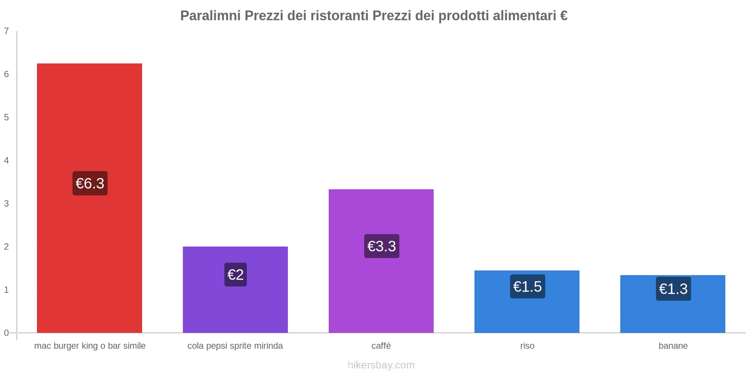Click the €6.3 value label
click(x=90, y=183)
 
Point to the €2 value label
click(x=236, y=274)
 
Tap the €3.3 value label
click(x=381, y=246)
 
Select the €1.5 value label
click(x=527, y=286)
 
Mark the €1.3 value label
click(x=673, y=288)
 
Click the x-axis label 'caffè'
click(x=381, y=346)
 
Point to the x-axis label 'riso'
click(x=527, y=346)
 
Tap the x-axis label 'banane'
click(x=673, y=346)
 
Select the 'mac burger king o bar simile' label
click(x=90, y=346)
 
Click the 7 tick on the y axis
click(x=7, y=31)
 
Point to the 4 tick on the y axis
click(x=7, y=160)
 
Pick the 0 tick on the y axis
click(x=7, y=333)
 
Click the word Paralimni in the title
click(x=210, y=16)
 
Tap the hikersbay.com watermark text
click(x=381, y=365)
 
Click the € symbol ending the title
click(x=563, y=16)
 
